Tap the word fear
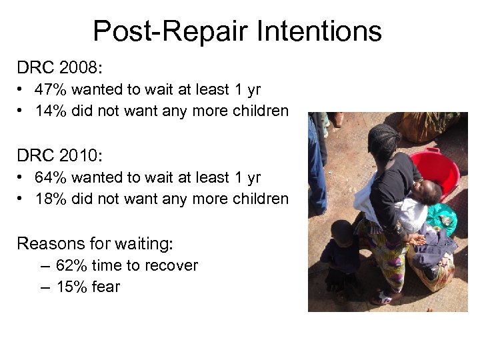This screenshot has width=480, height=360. click(106, 287)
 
